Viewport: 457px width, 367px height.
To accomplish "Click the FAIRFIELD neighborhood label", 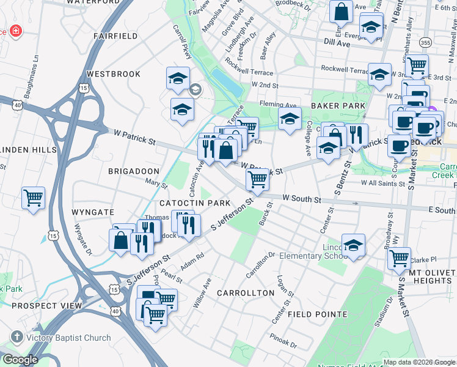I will point(115,36).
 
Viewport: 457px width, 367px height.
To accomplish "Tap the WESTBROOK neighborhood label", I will point(114,74).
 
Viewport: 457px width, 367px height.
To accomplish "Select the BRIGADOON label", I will point(134,172).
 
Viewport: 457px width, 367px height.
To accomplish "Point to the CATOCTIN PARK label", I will point(195,202).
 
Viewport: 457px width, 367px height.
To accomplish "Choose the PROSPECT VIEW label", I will point(46,305).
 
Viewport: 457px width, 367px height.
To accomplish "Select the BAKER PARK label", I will point(338,106).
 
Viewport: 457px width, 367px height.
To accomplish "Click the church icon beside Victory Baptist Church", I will point(16,338).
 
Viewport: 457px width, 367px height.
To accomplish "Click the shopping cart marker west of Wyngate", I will point(34,198).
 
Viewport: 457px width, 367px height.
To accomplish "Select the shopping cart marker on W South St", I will point(257,180).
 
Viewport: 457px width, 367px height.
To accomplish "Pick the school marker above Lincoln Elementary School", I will point(353,245).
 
